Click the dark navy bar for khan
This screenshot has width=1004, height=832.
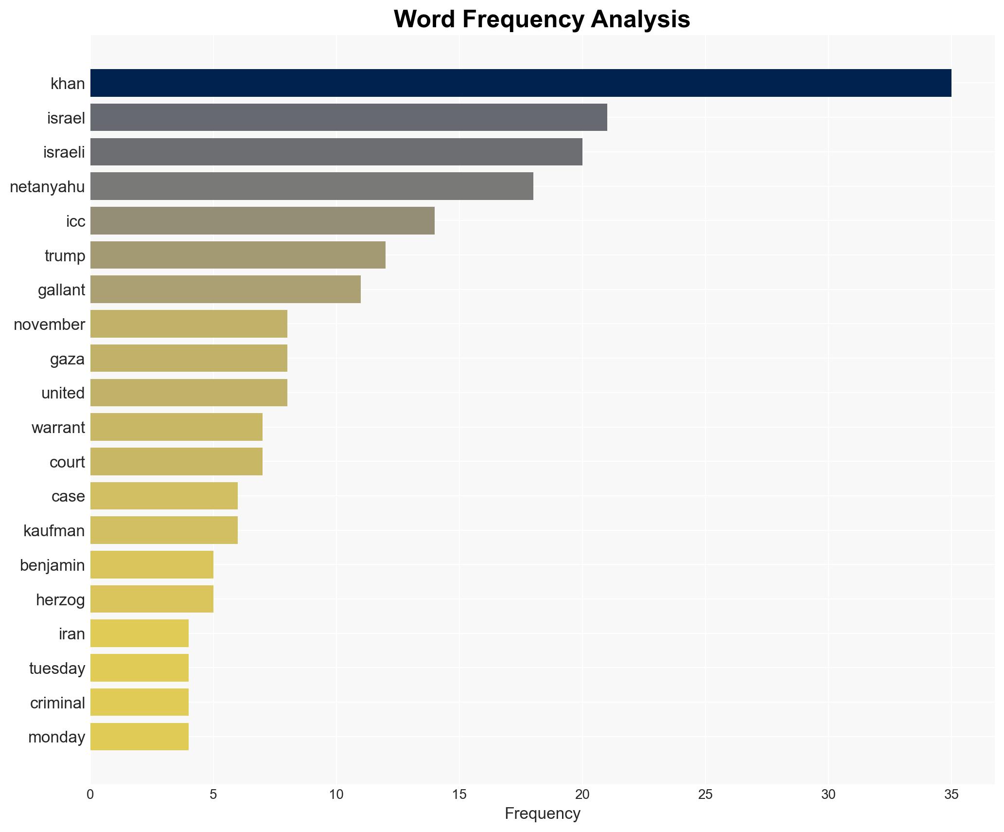coord(520,83)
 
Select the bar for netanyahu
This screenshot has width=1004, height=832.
coord(312,186)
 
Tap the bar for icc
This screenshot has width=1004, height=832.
coord(263,221)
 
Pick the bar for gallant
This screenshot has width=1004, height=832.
coord(226,289)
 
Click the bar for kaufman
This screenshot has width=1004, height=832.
coord(164,530)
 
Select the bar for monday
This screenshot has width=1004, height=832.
coord(140,737)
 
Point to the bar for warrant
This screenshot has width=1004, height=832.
coord(176,427)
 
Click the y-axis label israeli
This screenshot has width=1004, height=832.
coord(64,152)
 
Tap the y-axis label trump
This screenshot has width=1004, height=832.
coord(65,255)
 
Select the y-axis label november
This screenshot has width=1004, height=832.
coord(49,324)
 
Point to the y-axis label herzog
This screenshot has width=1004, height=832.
coord(60,599)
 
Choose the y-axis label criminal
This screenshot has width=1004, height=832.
coord(57,703)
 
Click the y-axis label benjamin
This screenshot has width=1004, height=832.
coord(52,565)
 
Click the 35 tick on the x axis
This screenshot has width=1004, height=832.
coord(951,795)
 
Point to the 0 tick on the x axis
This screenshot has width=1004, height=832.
coord(90,795)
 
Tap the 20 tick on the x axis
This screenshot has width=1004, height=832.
coord(582,795)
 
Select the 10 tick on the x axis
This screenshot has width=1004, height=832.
coord(336,795)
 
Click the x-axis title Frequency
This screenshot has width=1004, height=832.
coord(542,814)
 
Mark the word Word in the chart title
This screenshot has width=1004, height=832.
coord(425,19)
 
